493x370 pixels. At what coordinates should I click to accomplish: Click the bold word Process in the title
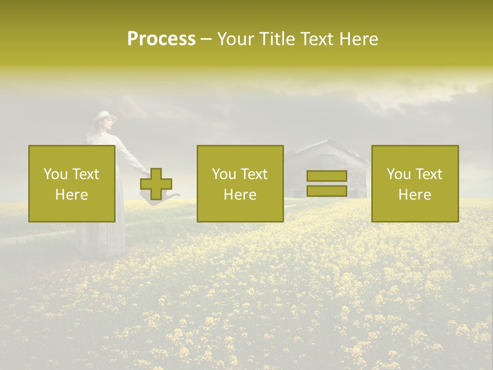[161, 39]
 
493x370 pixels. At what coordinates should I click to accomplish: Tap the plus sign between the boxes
[156, 183]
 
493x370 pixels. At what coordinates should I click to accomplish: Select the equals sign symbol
[327, 183]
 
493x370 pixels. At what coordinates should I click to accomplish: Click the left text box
[72, 183]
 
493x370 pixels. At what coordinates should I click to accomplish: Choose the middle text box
[240, 183]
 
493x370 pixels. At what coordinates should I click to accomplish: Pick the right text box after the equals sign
[415, 183]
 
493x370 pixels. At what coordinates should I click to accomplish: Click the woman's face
[106, 126]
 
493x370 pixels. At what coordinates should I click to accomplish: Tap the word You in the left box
[54, 174]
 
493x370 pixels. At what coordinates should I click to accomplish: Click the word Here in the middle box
[240, 195]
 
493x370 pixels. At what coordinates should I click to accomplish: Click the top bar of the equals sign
[327, 176]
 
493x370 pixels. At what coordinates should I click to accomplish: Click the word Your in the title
[237, 39]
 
